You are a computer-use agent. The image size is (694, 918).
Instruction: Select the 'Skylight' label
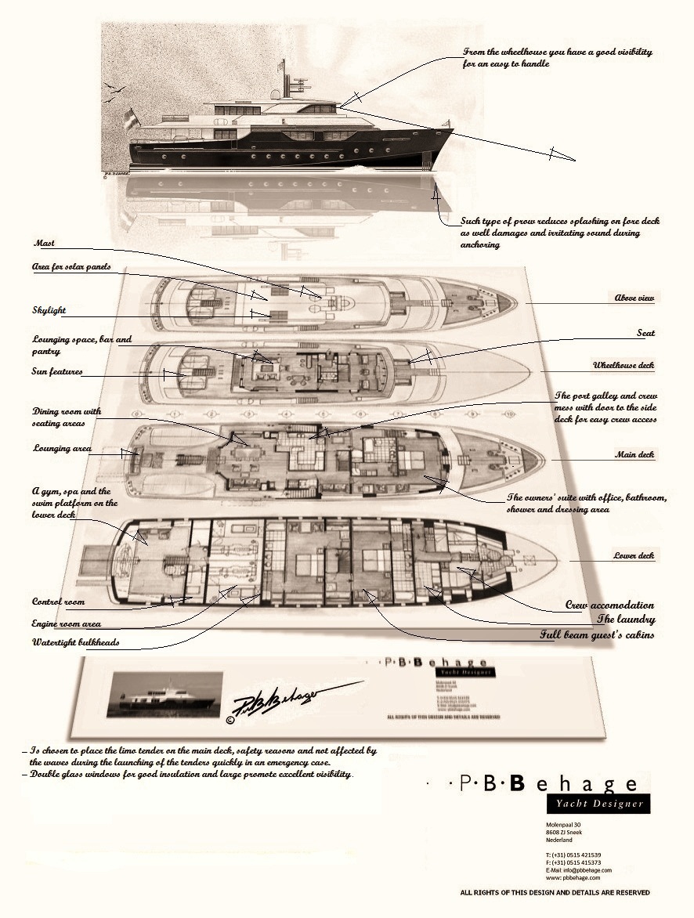[x=49, y=310]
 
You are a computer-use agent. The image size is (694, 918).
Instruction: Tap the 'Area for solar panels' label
[x=71, y=267]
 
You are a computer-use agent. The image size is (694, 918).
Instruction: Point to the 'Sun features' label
[x=58, y=372]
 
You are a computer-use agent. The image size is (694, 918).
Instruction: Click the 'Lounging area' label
[x=62, y=449]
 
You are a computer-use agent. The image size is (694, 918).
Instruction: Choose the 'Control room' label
[x=58, y=602]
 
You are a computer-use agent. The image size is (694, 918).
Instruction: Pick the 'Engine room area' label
[x=67, y=623]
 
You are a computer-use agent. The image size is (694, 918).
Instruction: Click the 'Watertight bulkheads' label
[x=76, y=643]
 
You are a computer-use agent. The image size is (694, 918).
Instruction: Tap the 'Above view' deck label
[x=634, y=298]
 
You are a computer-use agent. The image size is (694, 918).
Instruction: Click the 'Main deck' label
[x=635, y=454]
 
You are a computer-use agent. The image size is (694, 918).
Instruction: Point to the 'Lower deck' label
[x=634, y=556]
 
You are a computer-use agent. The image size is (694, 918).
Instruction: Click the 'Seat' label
[x=646, y=334]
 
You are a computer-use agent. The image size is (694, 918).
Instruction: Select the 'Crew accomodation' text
[x=609, y=605]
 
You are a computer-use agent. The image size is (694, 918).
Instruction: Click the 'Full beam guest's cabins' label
[x=597, y=634]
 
